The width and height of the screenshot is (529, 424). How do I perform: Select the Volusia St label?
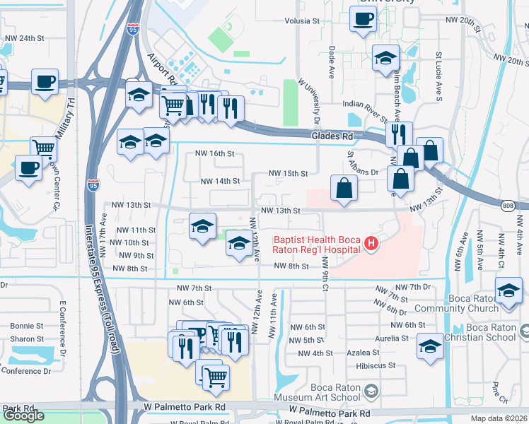click(303, 21)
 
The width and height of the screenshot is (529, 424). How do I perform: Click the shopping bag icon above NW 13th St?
click(344, 189)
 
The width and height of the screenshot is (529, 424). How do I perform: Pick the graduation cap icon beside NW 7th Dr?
click(508, 290)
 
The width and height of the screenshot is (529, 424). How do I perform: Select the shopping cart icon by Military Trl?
click(44, 149)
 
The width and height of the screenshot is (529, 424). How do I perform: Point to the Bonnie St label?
click(27, 326)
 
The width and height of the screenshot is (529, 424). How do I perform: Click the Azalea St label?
click(368, 353)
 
